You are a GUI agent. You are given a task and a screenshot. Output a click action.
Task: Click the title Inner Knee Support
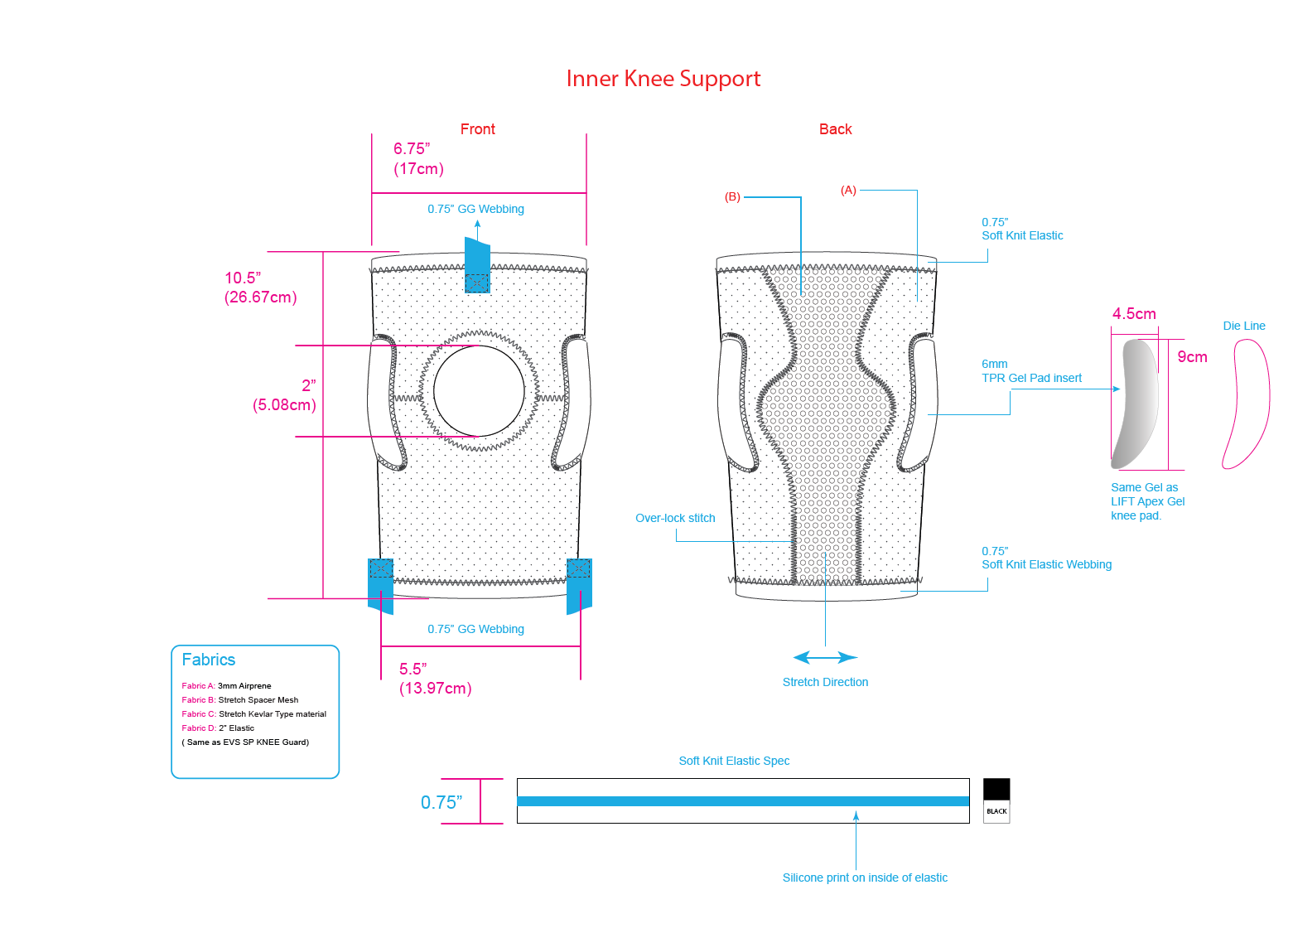(663, 79)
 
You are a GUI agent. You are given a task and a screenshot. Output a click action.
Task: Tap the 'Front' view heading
(477, 129)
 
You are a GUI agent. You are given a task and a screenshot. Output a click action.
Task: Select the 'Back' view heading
(835, 129)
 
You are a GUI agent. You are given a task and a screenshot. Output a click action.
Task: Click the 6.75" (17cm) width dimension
(418, 159)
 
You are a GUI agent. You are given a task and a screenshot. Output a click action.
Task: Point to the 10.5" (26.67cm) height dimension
(260, 288)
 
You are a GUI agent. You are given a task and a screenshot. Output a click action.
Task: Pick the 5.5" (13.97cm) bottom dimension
(435, 679)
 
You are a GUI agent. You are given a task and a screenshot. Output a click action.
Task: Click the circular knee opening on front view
(479, 389)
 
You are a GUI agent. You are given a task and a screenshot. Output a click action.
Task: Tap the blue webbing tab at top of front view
(477, 265)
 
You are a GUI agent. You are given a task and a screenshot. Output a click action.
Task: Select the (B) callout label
(732, 197)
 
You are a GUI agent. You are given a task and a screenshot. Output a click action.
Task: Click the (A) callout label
(848, 190)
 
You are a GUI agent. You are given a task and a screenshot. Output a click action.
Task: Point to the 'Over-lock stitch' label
(675, 518)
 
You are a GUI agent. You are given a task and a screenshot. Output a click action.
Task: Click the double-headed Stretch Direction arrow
(825, 657)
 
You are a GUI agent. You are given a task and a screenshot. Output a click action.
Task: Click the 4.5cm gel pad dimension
(1134, 314)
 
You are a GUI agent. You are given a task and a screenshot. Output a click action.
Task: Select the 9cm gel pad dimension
(1192, 357)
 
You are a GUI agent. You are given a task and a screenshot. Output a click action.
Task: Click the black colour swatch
(996, 790)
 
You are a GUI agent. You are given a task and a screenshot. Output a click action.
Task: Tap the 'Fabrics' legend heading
(209, 660)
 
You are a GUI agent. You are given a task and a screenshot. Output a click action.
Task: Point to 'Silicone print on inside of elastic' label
(865, 878)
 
